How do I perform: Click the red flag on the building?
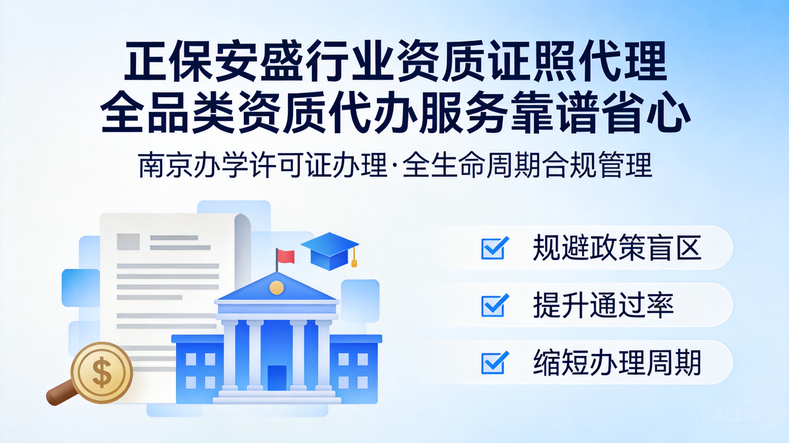286,257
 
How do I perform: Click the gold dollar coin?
102,373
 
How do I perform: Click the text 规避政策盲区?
617,248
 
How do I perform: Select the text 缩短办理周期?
617,362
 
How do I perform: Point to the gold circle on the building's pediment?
276,287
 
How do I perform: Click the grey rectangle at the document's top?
128,242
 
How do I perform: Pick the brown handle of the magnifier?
61,393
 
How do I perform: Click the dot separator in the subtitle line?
394,166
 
